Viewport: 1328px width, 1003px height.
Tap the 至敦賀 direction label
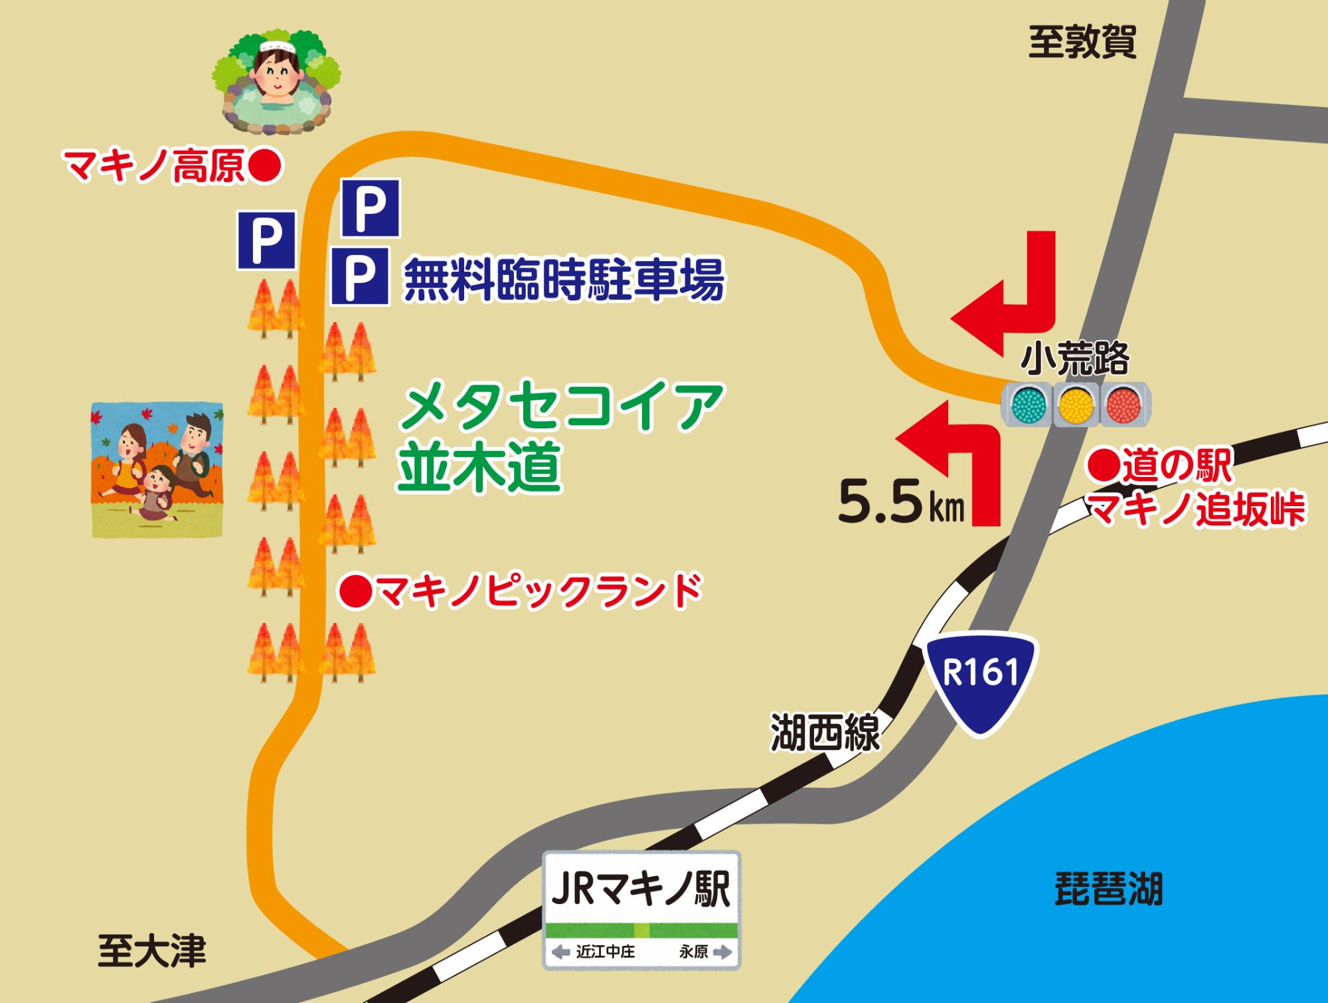tap(1082, 43)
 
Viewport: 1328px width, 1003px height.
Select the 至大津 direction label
tap(152, 951)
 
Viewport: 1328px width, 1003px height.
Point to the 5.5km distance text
tap(900, 503)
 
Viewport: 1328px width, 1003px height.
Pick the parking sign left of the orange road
tap(266, 240)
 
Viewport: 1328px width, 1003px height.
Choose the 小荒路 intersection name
tap(1075, 359)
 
